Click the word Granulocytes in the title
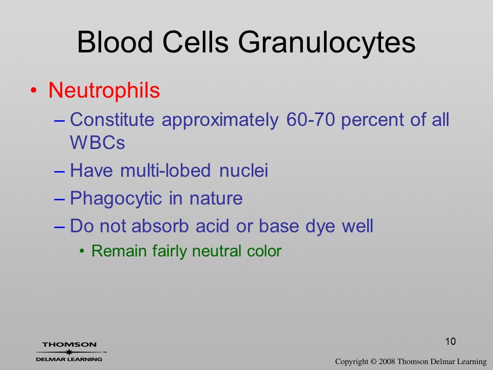pos(327,43)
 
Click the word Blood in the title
pos(115,42)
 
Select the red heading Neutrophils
pos(104,90)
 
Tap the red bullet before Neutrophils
pos(34,90)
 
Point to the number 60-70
pos(310,120)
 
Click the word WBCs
pos(98,142)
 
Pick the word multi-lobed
pos(165,170)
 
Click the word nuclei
pos(243,170)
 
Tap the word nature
pos(216,199)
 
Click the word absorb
pos(160,226)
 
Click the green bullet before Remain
pos(82,251)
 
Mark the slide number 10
pos(450,341)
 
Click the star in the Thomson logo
pos(69,352)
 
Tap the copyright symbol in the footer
pos(373,361)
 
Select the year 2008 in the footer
pos(387,361)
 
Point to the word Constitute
pos(112,120)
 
